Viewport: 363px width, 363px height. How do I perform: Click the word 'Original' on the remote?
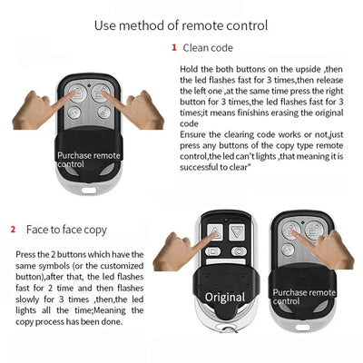(x=224, y=297)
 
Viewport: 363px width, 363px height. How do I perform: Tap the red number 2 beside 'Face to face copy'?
(x=13, y=230)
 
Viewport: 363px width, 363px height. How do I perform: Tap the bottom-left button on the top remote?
(x=77, y=112)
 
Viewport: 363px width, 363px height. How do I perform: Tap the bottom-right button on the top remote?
(x=103, y=112)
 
